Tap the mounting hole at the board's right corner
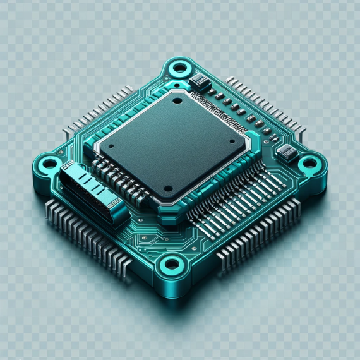pyautogui.click(x=309, y=164)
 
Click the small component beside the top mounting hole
pyautogui.click(x=200, y=80)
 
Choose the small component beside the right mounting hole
pyautogui.click(x=287, y=152)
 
